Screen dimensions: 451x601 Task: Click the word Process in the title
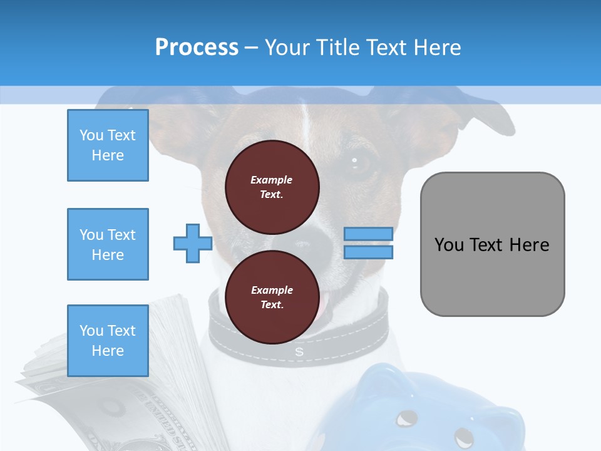[x=197, y=48]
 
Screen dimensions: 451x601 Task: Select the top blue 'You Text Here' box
[x=108, y=145]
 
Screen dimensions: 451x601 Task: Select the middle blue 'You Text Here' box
[x=108, y=244]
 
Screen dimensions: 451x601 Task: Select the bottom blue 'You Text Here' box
[x=108, y=341]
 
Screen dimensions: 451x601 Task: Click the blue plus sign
[x=192, y=244]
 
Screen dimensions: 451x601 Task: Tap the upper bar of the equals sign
[x=368, y=234]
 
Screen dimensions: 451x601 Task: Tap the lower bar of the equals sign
[x=368, y=252]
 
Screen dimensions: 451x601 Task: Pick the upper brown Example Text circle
[x=272, y=187]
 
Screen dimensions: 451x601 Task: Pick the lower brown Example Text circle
[x=272, y=298]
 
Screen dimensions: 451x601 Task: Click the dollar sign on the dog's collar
[x=299, y=352]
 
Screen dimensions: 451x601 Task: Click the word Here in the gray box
[x=530, y=245]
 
